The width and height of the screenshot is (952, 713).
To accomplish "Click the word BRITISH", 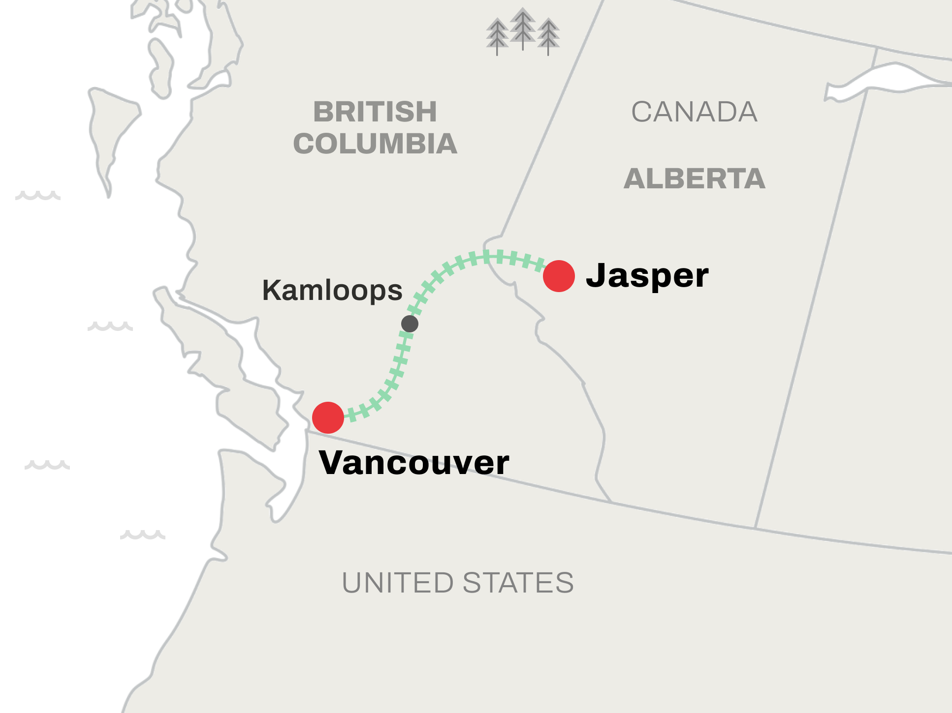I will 375,112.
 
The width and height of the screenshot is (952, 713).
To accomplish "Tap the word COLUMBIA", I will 375,144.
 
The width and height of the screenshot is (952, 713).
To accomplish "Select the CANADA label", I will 694,112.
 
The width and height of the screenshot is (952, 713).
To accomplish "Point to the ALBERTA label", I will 694,178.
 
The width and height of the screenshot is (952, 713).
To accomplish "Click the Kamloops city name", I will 332,290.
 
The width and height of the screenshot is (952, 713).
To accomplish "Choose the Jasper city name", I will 647,275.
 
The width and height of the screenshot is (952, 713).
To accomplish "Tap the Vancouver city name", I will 414,463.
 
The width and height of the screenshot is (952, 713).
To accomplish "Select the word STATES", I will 518,583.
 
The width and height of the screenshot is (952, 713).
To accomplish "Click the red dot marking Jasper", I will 559,276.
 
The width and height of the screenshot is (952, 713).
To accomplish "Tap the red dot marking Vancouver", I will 328,417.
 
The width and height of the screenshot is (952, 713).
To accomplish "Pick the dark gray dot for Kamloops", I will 410,324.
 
